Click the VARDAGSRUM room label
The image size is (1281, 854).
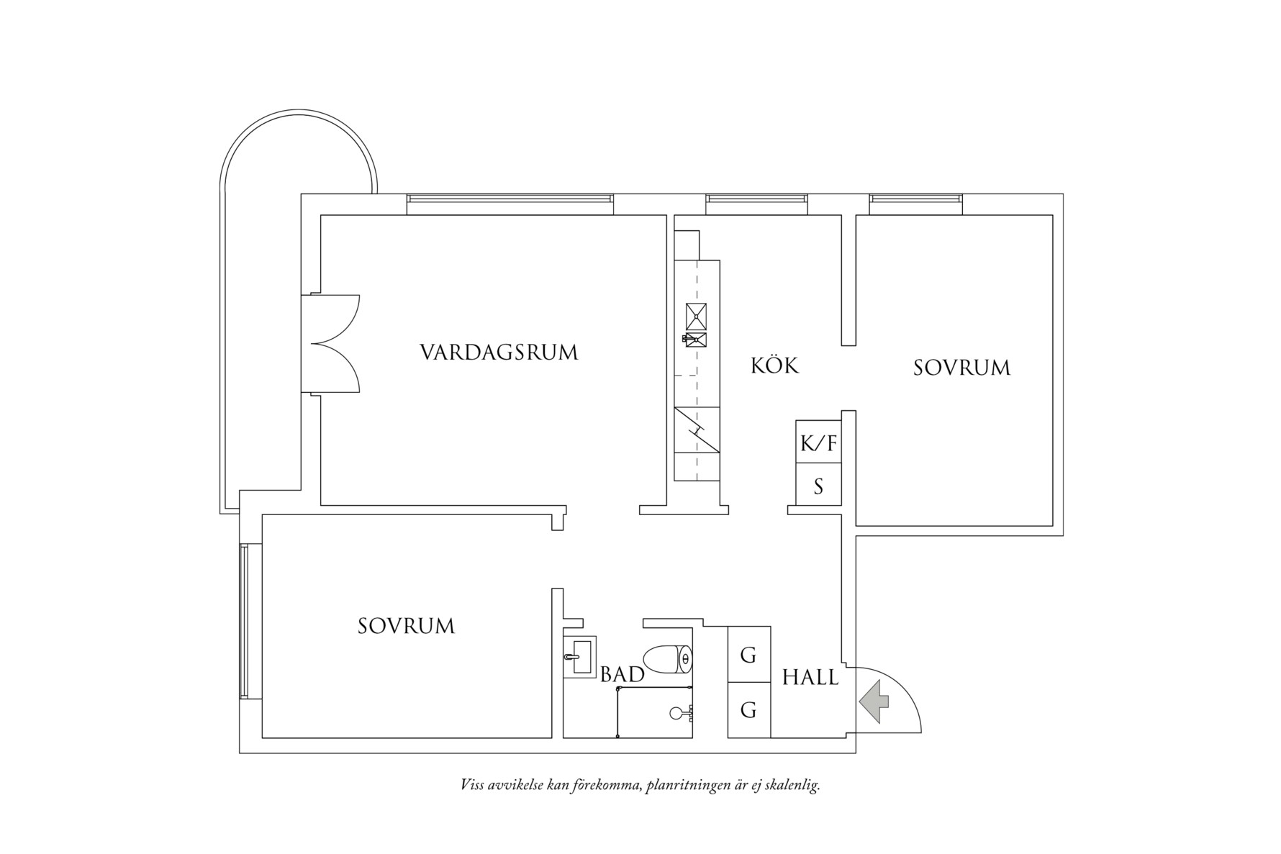coord(499,353)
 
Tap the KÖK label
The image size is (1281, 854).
coord(774,365)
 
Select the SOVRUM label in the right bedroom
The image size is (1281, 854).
coord(961,368)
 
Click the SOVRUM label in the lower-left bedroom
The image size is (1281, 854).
coord(406,626)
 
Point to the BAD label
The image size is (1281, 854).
coord(622,674)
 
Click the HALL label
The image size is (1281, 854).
coord(810,677)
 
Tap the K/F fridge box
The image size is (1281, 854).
coord(818,442)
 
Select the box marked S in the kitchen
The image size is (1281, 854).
coord(818,486)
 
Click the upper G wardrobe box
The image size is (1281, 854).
coord(748,655)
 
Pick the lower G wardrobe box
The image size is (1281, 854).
coord(748,710)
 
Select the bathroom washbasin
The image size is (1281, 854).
coord(579,656)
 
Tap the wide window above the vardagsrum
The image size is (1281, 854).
coord(510,203)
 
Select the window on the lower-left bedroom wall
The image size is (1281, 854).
coord(245,621)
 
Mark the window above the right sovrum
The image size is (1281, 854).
coord(915,203)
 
